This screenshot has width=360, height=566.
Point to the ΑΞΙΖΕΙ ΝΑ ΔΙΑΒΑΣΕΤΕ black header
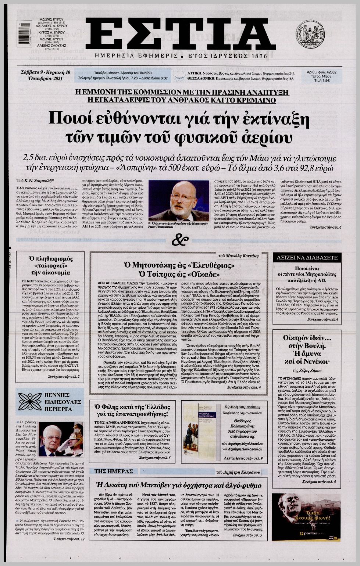[x=307, y=258]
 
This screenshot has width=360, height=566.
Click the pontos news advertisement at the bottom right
[x=306, y=517]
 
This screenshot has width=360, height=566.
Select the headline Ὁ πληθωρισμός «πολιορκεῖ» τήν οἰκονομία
[x=50, y=265]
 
